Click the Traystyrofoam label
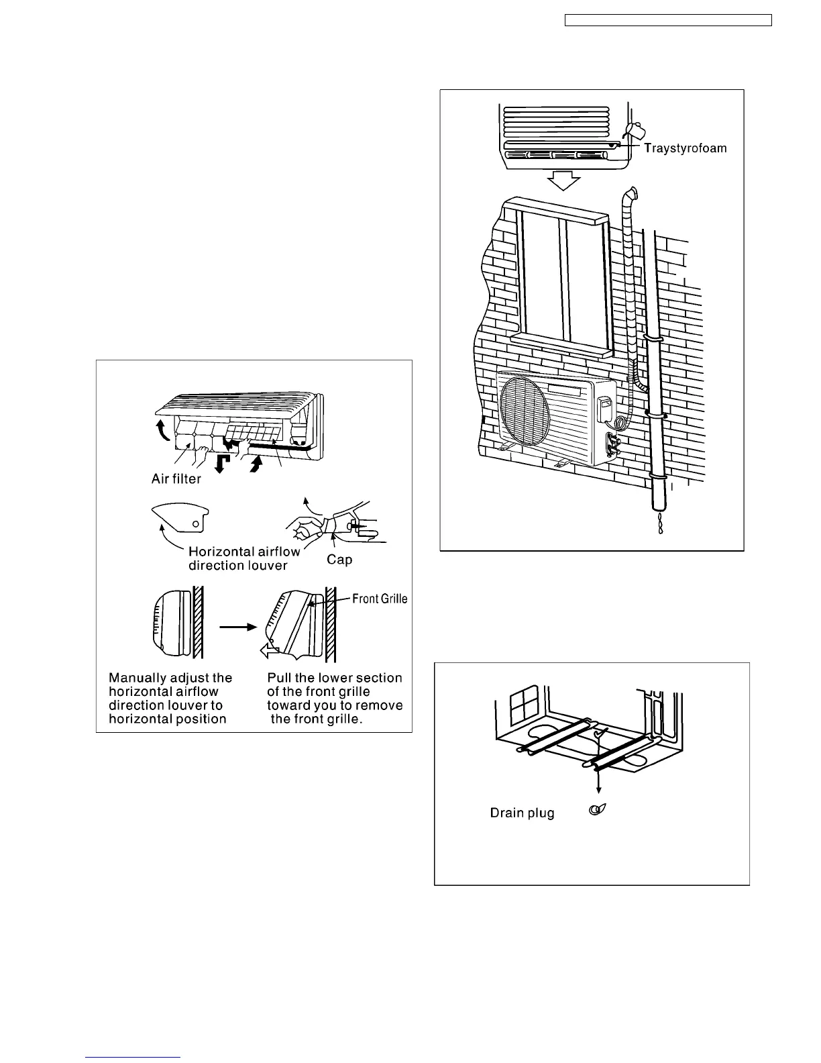[685, 148]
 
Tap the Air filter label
[176, 479]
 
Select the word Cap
[339, 559]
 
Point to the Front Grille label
[380, 599]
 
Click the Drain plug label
[522, 813]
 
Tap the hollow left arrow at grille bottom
[271, 649]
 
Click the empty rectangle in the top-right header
[668, 20]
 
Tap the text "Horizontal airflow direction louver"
[244, 558]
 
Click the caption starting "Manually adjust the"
[170, 698]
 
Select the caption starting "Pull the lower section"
[335, 698]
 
